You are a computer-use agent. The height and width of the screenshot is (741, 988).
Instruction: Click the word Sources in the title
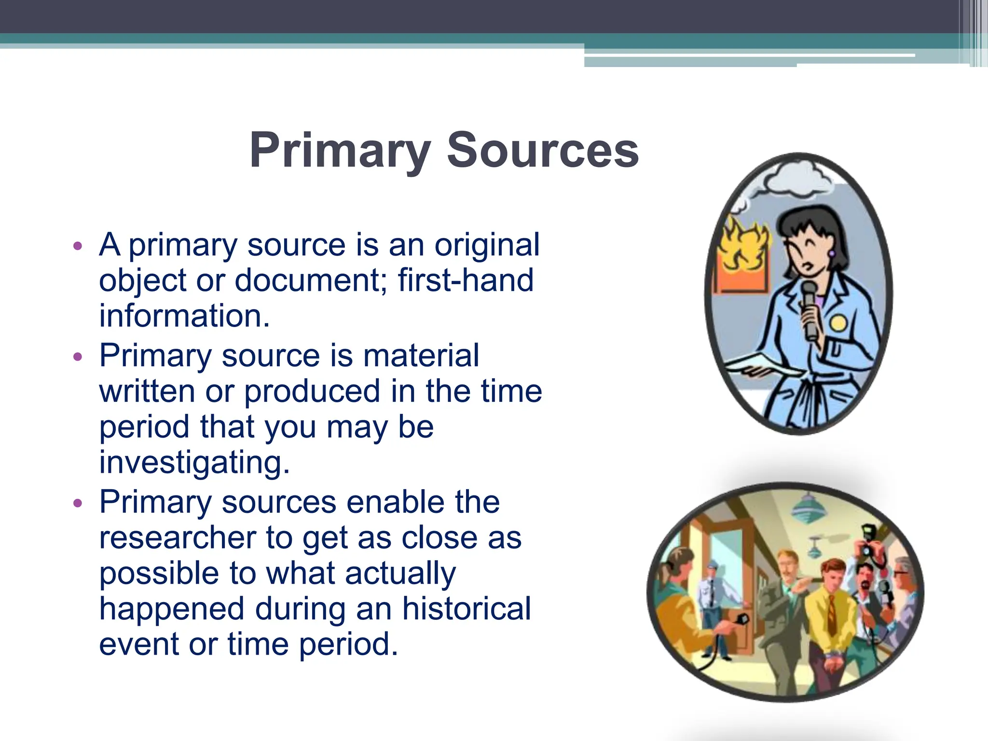542,151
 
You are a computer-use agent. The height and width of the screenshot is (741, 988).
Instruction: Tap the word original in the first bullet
487,245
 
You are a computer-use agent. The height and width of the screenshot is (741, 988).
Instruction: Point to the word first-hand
466,280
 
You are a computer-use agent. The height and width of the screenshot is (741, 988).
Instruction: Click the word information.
184,316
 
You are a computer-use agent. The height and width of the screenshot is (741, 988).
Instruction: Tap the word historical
467,608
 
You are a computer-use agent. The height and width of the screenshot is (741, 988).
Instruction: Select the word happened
172,608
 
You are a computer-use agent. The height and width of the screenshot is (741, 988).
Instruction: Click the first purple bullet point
78,246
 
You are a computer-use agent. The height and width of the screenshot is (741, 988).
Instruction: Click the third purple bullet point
78,503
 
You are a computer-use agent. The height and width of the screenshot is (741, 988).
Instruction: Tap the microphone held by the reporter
809,309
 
